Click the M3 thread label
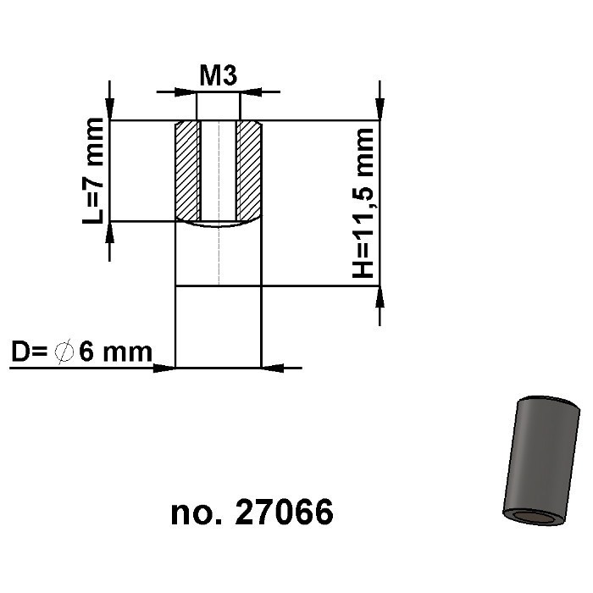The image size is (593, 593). point(218,76)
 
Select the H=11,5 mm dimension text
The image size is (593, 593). point(363,203)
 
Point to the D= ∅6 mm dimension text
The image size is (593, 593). point(81,351)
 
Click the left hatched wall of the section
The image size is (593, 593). point(186,169)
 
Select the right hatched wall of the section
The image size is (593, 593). point(250,169)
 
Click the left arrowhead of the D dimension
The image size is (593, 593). point(164,368)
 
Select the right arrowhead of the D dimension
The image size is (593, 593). point(271,368)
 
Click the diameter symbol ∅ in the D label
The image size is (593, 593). point(64,351)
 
